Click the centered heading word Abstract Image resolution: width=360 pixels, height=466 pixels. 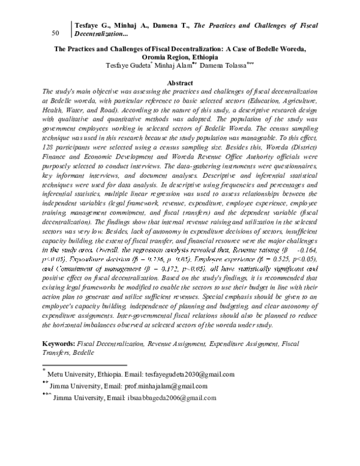180,82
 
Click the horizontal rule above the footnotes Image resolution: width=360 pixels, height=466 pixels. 84,365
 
